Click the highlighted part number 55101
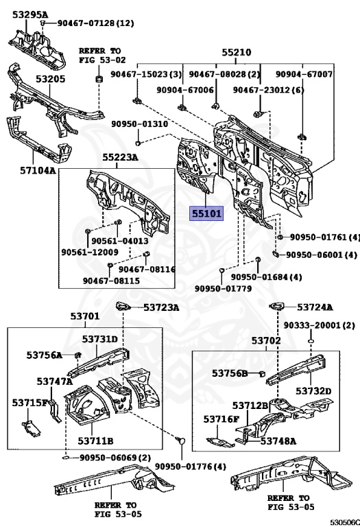(x=206, y=214)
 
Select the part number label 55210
(x=237, y=52)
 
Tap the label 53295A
(x=30, y=14)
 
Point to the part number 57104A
(x=38, y=170)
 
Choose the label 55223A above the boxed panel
(x=120, y=157)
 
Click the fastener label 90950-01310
(x=140, y=124)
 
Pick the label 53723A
(x=161, y=307)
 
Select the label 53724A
(x=315, y=307)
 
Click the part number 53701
(x=85, y=316)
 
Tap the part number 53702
(x=266, y=340)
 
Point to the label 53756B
(x=229, y=373)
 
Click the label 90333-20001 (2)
(x=319, y=325)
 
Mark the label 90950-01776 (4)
(x=191, y=467)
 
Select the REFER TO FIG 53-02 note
(x=102, y=56)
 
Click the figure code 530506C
(x=344, y=522)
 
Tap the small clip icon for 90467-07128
(x=43, y=23)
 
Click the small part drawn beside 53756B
(x=262, y=373)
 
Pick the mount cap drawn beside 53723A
(x=123, y=306)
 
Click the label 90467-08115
(x=111, y=280)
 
